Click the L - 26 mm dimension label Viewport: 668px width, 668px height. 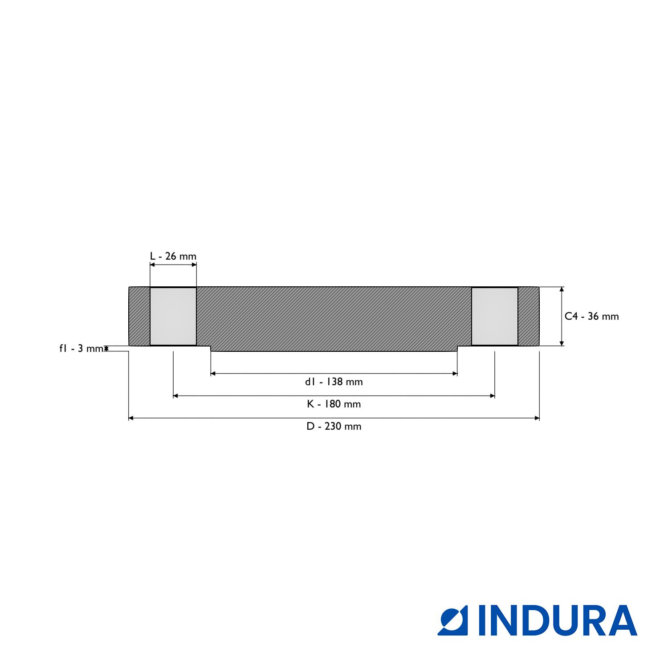[x=173, y=257]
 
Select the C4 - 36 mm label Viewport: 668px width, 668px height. [x=592, y=316]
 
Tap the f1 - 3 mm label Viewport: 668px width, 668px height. [x=81, y=348]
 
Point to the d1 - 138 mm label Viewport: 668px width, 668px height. [x=334, y=382]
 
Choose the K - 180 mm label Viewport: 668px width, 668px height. [x=334, y=404]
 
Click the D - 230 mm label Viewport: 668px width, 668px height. [x=334, y=426]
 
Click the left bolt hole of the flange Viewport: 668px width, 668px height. [x=173, y=316]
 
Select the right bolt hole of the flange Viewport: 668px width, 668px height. [x=495, y=316]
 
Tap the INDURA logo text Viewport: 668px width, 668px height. [x=558, y=620]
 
